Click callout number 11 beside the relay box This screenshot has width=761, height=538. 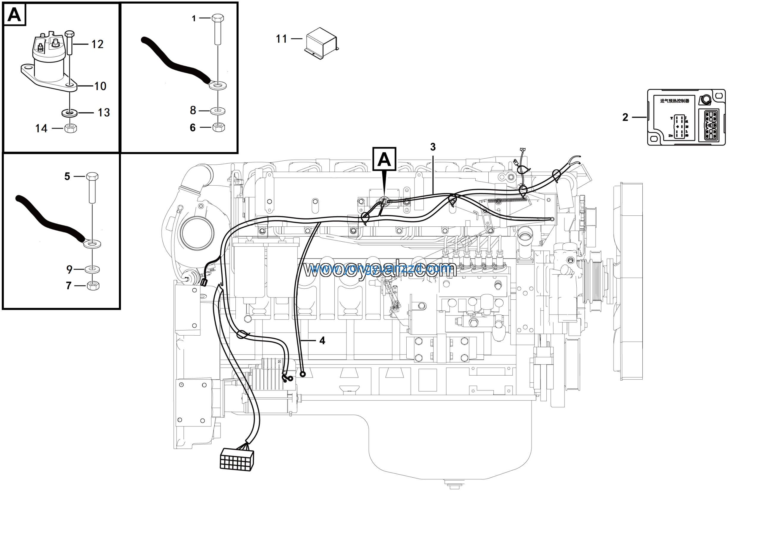[282, 39]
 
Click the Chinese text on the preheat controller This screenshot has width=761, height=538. [674, 101]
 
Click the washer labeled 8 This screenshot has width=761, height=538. [218, 111]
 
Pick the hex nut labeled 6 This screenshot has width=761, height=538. [219, 127]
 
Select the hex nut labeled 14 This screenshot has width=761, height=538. [70, 128]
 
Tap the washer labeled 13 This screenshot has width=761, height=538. [70, 113]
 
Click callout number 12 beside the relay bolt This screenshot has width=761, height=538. [98, 44]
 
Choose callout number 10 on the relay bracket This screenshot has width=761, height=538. [100, 86]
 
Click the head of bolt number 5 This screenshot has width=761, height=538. [92, 176]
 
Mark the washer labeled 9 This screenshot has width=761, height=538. [92, 269]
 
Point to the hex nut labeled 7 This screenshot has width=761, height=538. [93, 285]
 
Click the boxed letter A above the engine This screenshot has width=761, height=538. [384, 159]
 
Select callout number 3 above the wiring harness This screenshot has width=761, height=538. [433, 147]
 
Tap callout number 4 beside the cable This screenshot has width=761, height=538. [322, 340]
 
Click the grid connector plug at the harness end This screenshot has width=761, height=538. [237, 459]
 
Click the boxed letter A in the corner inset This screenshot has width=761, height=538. [14, 15]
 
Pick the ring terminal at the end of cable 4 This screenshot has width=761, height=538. [302, 374]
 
